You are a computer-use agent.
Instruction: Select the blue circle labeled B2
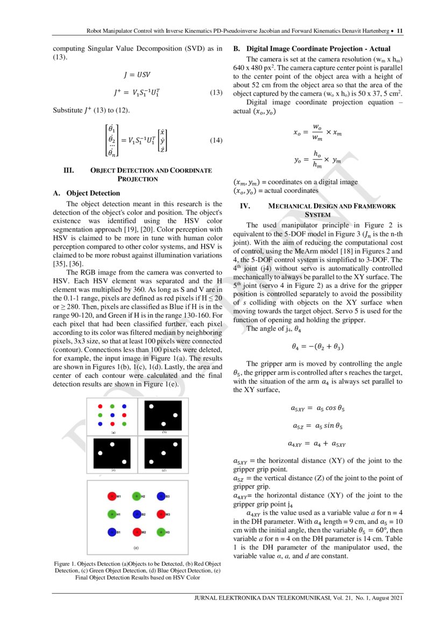coord(136,514)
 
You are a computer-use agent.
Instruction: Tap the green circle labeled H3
coord(161,532)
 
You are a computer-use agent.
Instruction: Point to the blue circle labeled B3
coord(161,496)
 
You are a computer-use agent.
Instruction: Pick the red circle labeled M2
coord(136,532)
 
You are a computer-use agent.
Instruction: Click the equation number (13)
coord(216,93)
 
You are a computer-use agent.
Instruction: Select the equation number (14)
coord(216,141)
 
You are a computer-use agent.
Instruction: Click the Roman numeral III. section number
coord(69,171)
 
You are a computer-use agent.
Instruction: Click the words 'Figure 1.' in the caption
coord(66,563)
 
